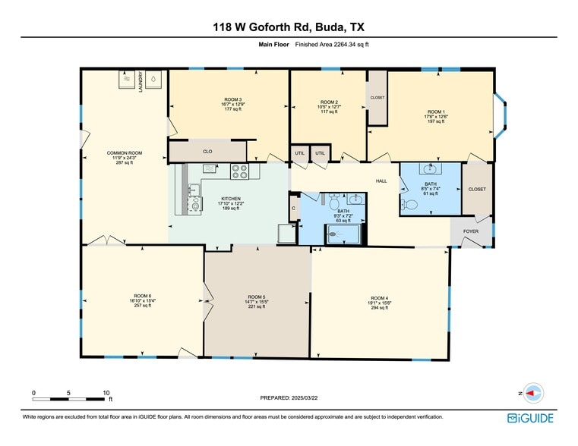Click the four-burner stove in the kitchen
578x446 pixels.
point(240,172)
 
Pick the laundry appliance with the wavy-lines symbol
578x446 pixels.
point(128,79)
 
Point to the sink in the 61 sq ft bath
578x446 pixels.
point(431,171)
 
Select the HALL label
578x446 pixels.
point(381,181)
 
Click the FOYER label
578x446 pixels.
point(471,232)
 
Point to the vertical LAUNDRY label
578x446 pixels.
point(141,82)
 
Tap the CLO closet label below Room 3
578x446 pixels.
point(207,152)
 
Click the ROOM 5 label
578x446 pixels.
point(257,297)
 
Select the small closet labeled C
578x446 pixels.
point(293,208)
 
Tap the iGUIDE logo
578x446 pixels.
point(530,418)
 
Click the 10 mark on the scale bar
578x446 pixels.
point(106,393)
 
